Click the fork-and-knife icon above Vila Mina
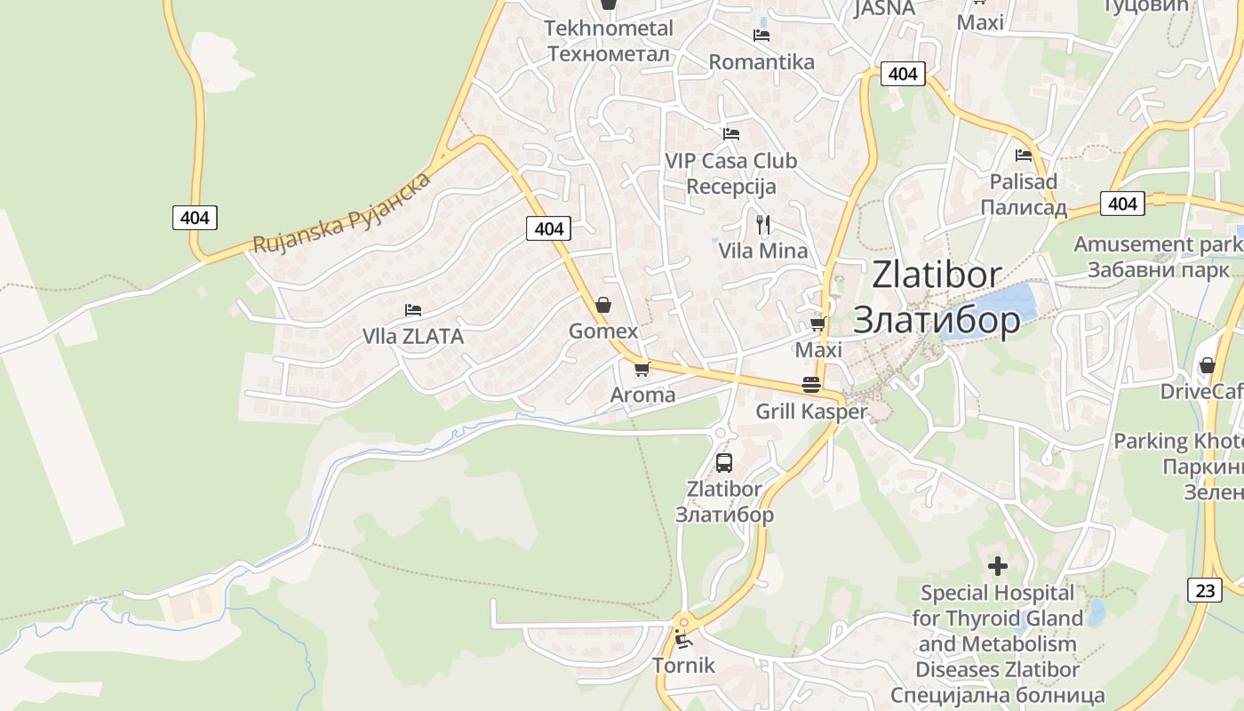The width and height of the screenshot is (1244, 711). point(762,223)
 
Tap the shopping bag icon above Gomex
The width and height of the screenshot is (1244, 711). point(603,305)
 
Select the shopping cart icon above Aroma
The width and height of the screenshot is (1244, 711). point(642,369)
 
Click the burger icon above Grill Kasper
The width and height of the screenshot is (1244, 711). point(810,385)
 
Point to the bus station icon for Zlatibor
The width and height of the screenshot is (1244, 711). point(724,462)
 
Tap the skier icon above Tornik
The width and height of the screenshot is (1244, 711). point(682,638)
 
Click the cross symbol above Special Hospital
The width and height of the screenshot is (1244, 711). point(998,565)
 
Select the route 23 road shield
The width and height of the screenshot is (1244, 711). point(1204,588)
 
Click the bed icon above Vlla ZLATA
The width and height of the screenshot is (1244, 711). point(413,310)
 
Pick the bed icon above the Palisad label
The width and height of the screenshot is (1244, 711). point(1024,155)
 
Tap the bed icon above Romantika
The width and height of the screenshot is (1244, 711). point(762,36)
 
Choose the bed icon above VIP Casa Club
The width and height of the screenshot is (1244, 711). point(731,134)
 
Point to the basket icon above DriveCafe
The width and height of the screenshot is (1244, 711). point(1207,365)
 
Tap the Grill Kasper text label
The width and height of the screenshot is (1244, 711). point(810,411)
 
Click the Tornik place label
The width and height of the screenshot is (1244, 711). point(683,665)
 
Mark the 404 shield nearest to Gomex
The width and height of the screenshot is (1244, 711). point(549,228)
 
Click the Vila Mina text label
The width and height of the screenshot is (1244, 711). point(763,251)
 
